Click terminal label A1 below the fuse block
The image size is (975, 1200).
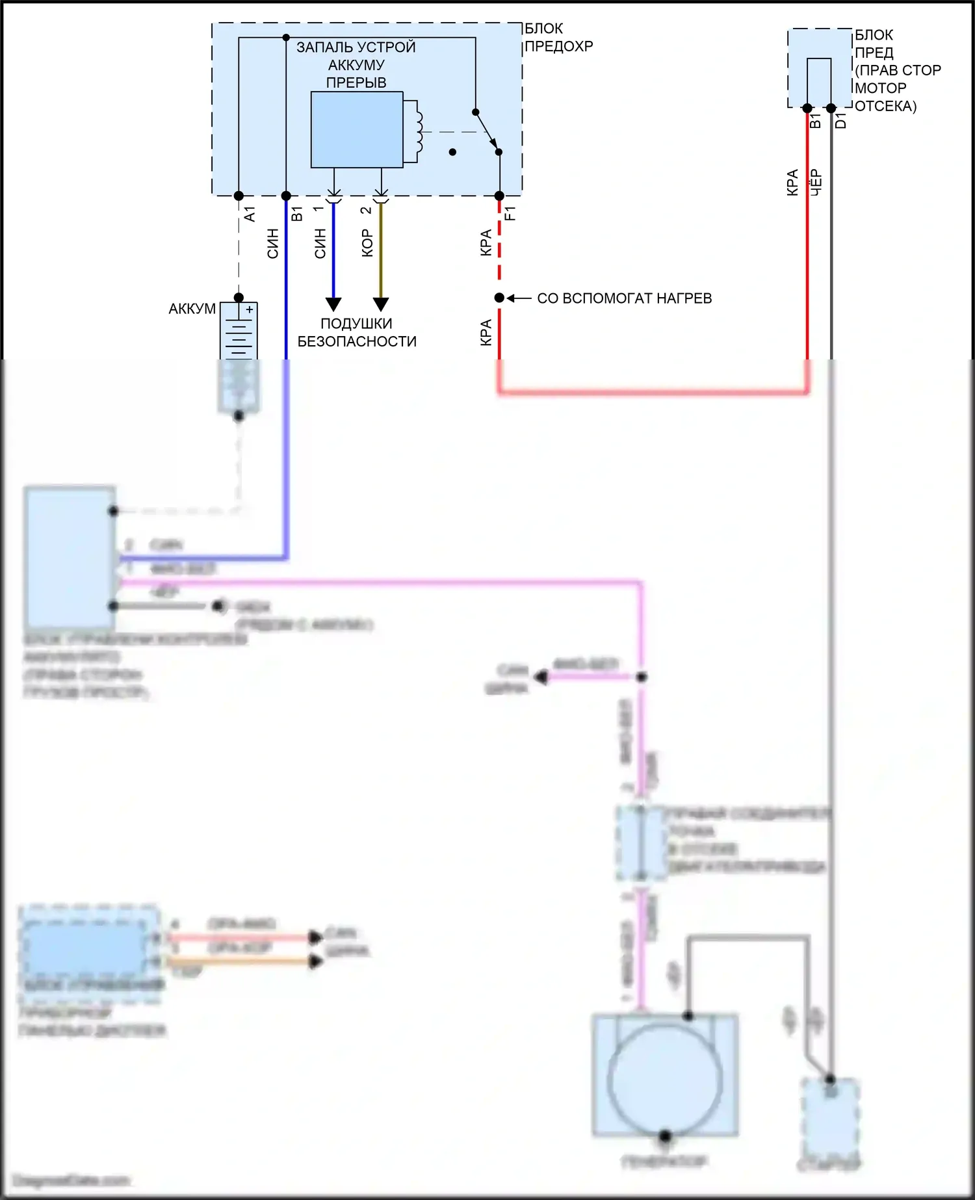pos(250,214)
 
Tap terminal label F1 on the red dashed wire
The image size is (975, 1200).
pos(510,213)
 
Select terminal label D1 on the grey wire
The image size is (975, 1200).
pos(840,121)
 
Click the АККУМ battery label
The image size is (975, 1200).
pos(192,309)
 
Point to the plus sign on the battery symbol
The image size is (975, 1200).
pos(250,310)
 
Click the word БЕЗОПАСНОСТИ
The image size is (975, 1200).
pos(357,341)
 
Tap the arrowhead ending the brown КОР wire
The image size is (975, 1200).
pos(381,304)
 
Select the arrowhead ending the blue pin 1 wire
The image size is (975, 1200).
pos(333,304)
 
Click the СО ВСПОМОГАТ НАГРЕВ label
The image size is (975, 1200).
pos(624,298)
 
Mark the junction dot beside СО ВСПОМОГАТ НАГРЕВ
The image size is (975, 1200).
pos(499,298)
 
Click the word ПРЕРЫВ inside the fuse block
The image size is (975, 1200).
pos(356,83)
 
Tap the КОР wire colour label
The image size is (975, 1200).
pos(367,243)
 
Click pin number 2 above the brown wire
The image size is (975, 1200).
pos(366,210)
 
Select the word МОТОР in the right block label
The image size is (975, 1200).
pos(880,88)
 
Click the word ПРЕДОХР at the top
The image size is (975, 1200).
pos(558,46)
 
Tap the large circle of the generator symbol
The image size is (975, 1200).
pos(665,1080)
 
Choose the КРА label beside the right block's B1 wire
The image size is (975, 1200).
pos(792,183)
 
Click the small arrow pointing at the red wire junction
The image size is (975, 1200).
pos(519,298)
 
